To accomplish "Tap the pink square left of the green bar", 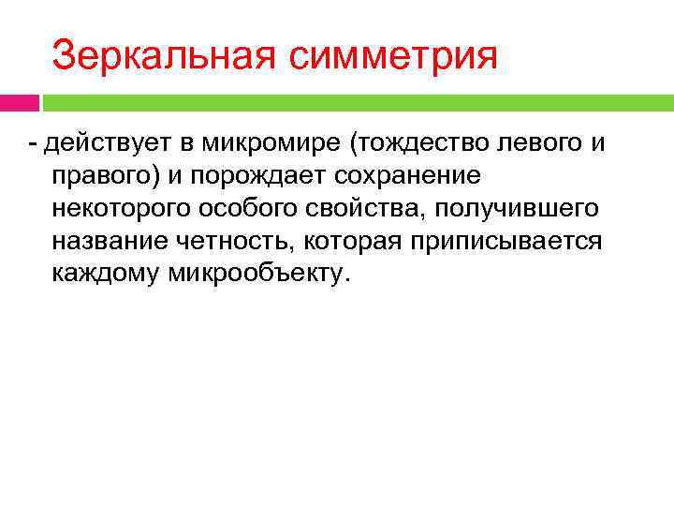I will (x=19, y=101).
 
